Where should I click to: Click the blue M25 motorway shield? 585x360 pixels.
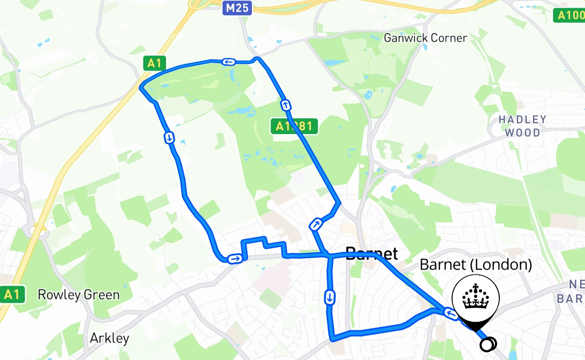click(x=237, y=7)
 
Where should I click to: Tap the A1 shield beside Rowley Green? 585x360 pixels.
click(x=12, y=295)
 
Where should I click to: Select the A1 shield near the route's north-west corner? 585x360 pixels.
click(x=154, y=63)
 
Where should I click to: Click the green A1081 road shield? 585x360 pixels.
click(x=294, y=126)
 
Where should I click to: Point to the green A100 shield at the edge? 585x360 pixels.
click(x=569, y=15)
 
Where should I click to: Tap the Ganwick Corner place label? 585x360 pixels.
click(x=425, y=38)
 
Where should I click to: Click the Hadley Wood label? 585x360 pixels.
click(x=522, y=126)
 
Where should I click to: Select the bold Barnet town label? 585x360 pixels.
click(x=372, y=253)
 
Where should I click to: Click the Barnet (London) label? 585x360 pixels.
click(x=476, y=265)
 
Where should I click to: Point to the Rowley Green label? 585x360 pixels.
click(x=79, y=295)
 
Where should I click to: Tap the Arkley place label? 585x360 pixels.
click(x=109, y=338)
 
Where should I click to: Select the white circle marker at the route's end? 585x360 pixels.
click(x=488, y=345)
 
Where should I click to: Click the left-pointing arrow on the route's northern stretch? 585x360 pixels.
click(x=229, y=62)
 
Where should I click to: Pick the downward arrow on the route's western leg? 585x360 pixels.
click(x=169, y=137)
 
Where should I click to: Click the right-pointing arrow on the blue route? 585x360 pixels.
click(x=235, y=258)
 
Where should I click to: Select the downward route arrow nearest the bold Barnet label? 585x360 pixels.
click(x=330, y=297)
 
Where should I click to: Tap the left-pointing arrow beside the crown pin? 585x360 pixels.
click(x=450, y=312)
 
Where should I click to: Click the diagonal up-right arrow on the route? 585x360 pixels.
click(x=316, y=224)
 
